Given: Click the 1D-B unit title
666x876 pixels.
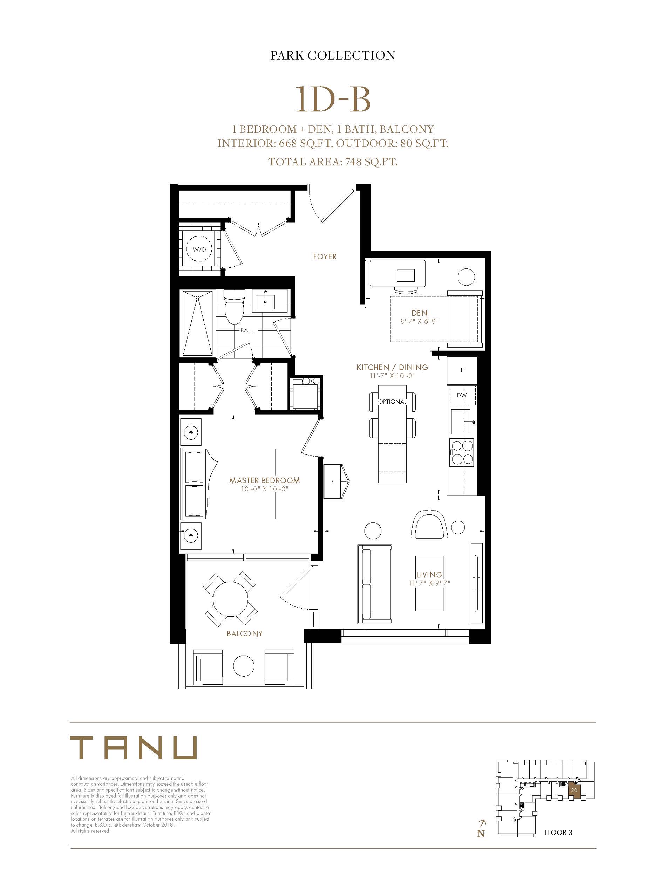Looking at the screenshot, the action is pyautogui.click(x=333, y=100).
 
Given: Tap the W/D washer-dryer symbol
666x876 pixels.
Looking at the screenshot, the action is pyautogui.click(x=199, y=249).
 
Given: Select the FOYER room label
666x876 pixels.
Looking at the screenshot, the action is pyautogui.click(x=325, y=257).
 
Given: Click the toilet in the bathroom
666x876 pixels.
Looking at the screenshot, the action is pyautogui.click(x=233, y=306).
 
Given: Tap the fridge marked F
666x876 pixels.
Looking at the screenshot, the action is pyautogui.click(x=462, y=370).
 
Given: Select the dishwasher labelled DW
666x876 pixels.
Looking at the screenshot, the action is pyautogui.click(x=462, y=395).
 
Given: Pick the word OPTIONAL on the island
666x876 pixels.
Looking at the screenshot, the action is pyautogui.click(x=392, y=401).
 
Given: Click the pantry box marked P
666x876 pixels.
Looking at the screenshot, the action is pyautogui.click(x=335, y=482).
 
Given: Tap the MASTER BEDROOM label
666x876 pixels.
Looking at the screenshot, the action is pyautogui.click(x=264, y=480).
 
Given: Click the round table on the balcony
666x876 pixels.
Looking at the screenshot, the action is pyautogui.click(x=230, y=599).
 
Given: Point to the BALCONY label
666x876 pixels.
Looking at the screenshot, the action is pyautogui.click(x=245, y=634).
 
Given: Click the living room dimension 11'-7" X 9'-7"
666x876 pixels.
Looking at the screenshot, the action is pyautogui.click(x=429, y=583).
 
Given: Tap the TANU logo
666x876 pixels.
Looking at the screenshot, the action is pyautogui.click(x=133, y=748).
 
